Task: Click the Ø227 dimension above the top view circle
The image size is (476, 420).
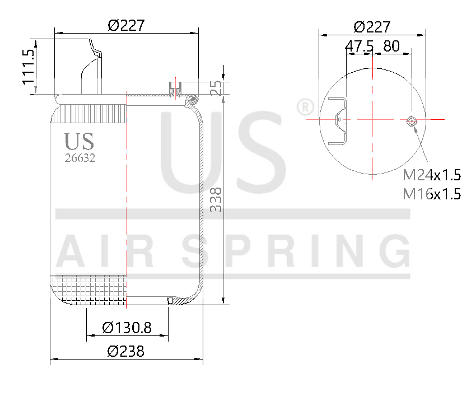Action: coord(372,27)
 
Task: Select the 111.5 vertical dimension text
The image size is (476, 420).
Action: coord(29,67)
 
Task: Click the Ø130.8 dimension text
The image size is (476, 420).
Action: coord(127,328)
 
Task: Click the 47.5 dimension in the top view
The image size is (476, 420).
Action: coord(360,46)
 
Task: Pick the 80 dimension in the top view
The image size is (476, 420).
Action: coord(392,46)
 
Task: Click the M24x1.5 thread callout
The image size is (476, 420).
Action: coord(432,176)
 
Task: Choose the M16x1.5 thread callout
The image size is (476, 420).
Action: coord(432,194)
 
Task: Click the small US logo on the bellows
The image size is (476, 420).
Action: coord(79,142)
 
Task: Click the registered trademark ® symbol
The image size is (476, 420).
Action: coord(304,107)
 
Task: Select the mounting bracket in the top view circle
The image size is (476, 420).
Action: coord(338,121)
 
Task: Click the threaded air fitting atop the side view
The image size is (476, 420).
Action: coord(175,87)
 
